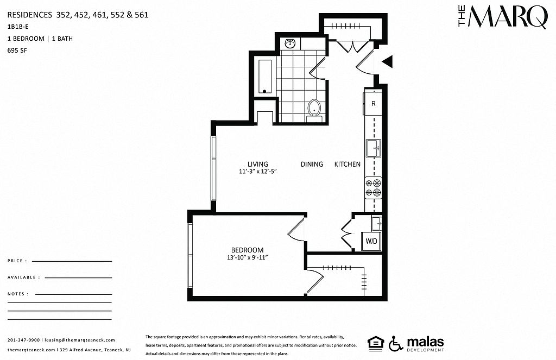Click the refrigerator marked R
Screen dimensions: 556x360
tap(373, 103)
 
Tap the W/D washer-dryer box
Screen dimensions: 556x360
tap(371, 241)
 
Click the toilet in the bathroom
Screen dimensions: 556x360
tap(314, 110)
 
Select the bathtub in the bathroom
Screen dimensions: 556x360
tap(265, 77)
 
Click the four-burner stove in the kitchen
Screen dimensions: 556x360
tap(374, 188)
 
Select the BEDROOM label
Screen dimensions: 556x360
tap(247, 250)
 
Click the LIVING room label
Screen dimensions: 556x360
tap(258, 164)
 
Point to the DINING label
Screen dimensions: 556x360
tap(312, 164)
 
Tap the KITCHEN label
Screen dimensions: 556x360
tap(347, 164)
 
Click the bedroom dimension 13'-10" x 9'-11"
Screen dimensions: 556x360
tap(247, 257)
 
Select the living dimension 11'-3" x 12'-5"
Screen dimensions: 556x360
tap(258, 172)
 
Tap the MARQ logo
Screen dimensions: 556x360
tap(502, 17)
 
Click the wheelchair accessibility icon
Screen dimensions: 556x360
tap(395, 343)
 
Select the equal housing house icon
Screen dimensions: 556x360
tap(376, 343)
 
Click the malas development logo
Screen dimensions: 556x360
tap(425, 344)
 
